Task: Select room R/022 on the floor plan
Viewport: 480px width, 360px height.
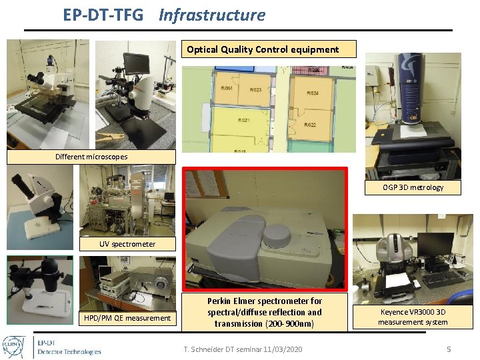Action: (309, 125)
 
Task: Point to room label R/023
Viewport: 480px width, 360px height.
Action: (255, 89)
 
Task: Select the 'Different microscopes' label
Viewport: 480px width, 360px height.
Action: (91, 157)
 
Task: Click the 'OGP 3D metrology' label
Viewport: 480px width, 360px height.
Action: (413, 187)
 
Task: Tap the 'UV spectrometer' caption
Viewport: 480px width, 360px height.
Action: (127, 244)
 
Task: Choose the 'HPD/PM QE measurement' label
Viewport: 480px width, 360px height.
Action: (127, 318)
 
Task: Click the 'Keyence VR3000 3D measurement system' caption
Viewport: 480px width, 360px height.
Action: (413, 317)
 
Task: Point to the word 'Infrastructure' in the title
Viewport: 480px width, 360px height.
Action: (211, 15)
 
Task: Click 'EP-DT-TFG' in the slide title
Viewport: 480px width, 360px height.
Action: (103, 15)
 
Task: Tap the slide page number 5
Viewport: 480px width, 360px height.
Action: (449, 349)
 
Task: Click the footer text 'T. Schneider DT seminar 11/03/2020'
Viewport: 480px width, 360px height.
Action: (243, 349)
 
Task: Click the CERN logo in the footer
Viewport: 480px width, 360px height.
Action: (14, 346)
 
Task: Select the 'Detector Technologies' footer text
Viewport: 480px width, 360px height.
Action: (69, 351)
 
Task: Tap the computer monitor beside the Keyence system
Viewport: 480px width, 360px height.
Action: (435, 245)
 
